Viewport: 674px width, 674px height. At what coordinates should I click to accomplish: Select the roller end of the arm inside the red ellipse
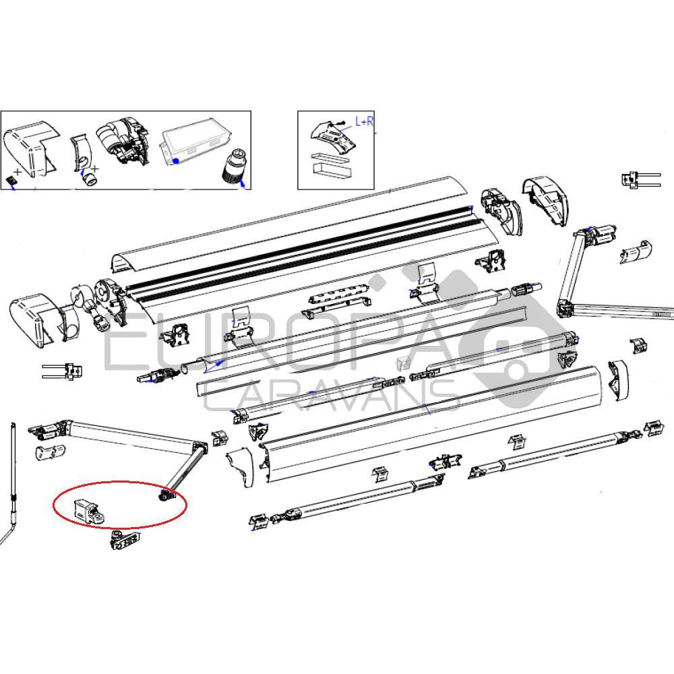point(165,496)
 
